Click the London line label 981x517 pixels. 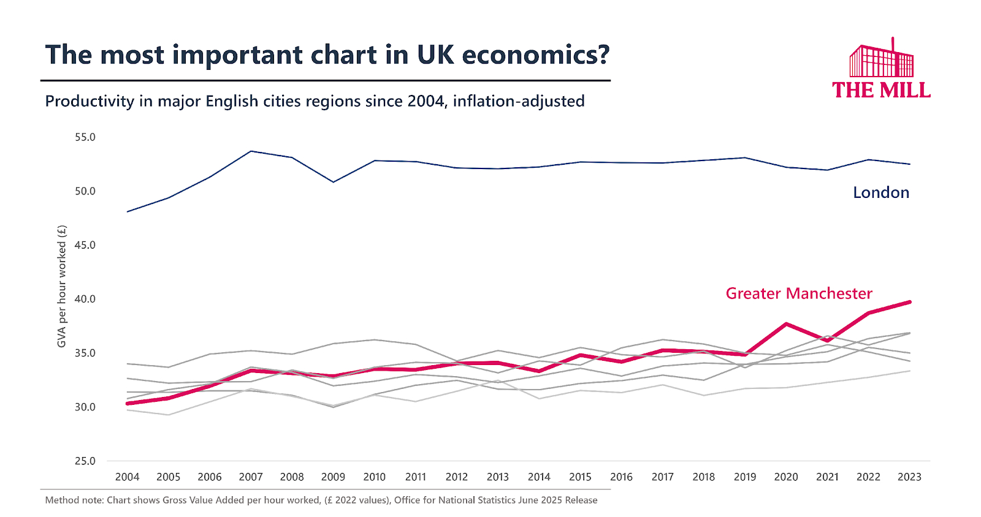coord(880,192)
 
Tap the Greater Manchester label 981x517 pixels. coord(798,293)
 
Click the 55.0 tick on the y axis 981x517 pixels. coord(85,137)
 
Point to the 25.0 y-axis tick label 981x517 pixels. coord(85,461)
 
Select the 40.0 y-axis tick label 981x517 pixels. coord(85,299)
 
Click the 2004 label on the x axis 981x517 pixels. coord(127,477)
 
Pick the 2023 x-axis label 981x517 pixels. coord(909,477)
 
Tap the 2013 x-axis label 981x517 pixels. coord(497,477)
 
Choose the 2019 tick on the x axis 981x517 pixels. coord(745,477)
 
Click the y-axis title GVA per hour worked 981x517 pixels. coord(61,286)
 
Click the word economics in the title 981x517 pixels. coord(535,55)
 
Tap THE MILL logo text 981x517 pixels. coord(881,90)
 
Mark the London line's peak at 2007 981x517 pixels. coord(251,151)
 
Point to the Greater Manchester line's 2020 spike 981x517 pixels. coord(786,323)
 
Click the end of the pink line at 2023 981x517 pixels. coord(909,302)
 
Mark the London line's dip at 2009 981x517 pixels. coord(333,182)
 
